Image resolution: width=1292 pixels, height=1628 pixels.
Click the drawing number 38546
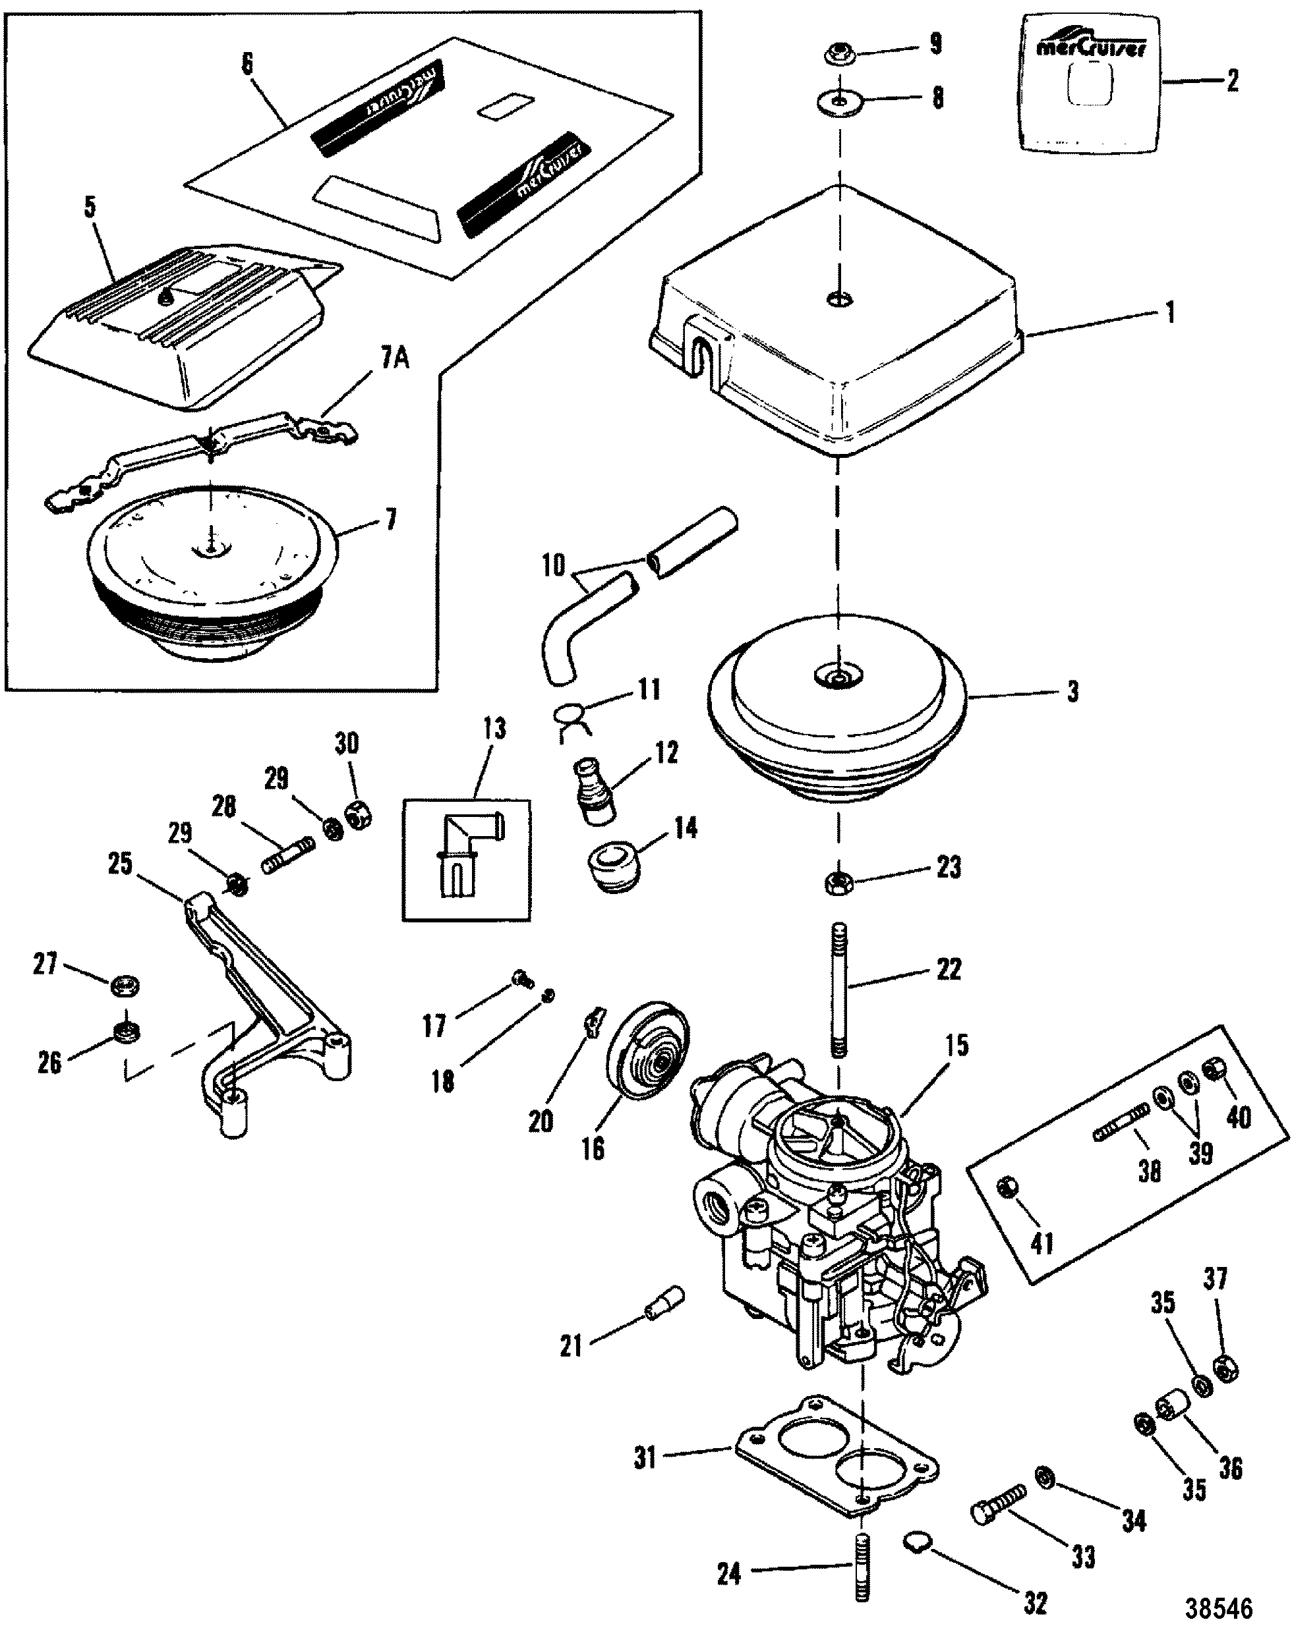click(1218, 1604)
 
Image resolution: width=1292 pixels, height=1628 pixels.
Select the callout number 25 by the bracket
click(120, 864)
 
